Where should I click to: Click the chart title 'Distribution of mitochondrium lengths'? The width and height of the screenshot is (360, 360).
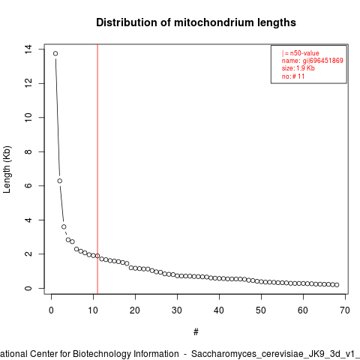pyautogui.click(x=196, y=22)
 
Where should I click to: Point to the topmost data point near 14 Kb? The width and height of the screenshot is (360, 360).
pyautogui.click(x=55, y=53)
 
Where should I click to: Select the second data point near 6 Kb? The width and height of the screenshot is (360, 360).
pyautogui.click(x=60, y=181)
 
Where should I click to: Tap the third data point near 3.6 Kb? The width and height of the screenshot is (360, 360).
pyautogui.click(x=64, y=226)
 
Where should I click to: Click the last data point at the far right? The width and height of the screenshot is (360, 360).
pyautogui.click(x=337, y=285)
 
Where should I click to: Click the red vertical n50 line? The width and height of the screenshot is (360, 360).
pyautogui.click(x=97, y=169)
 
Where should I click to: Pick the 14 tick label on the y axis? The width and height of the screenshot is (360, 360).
pyautogui.click(x=28, y=49)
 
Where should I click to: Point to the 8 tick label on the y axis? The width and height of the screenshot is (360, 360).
pyautogui.click(x=28, y=151)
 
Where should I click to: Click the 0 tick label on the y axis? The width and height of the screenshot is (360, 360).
pyautogui.click(x=28, y=288)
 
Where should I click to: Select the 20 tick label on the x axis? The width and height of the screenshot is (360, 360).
pyautogui.click(x=135, y=310)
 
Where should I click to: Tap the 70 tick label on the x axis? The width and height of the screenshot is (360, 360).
pyautogui.click(x=345, y=310)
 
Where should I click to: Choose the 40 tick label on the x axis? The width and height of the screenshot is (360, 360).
pyautogui.click(x=219, y=310)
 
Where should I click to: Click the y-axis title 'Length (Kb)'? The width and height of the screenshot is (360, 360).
pyautogui.click(x=7, y=169)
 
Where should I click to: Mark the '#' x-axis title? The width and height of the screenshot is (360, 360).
pyautogui.click(x=196, y=332)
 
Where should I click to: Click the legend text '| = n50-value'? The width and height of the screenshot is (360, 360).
pyautogui.click(x=301, y=53)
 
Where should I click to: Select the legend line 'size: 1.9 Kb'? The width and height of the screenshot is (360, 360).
pyautogui.click(x=298, y=68)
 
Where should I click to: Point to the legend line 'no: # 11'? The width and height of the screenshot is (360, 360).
pyautogui.click(x=293, y=76)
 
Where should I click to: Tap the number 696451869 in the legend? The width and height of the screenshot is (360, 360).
pyautogui.click(x=326, y=61)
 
